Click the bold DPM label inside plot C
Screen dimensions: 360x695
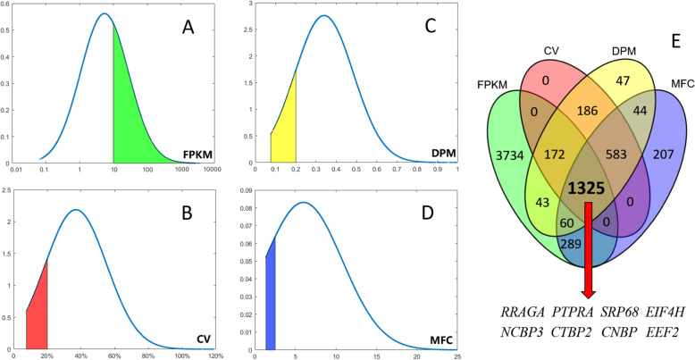[x=438, y=154]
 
